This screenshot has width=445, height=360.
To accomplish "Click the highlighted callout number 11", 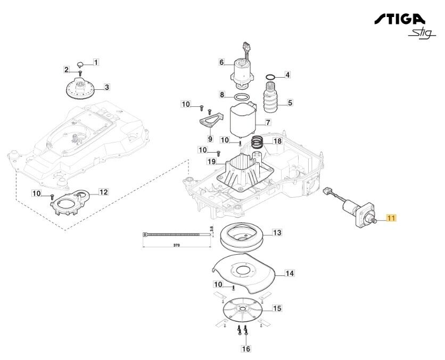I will tap(391, 218).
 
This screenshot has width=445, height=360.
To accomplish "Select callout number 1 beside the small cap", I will tap(96, 62).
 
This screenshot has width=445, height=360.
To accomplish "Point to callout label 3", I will tap(106, 87).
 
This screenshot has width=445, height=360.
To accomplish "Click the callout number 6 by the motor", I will tap(221, 62).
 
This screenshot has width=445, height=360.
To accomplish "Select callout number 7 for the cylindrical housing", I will tap(268, 122).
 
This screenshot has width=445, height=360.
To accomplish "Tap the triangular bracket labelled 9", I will tap(209, 122).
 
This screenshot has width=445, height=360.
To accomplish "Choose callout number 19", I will tap(211, 162).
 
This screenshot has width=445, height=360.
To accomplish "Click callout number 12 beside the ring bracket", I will tap(103, 191).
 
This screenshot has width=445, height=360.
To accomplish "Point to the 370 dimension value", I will tap(177, 246).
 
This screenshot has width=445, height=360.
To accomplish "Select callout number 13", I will tap(277, 233).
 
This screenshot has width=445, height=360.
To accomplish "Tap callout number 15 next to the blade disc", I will tap(277, 308).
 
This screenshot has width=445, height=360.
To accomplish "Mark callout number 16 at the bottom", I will tap(245, 349).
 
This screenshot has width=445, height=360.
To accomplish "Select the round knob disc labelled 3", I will tap(80, 88).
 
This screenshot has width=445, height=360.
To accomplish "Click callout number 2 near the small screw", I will tap(67, 70).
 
